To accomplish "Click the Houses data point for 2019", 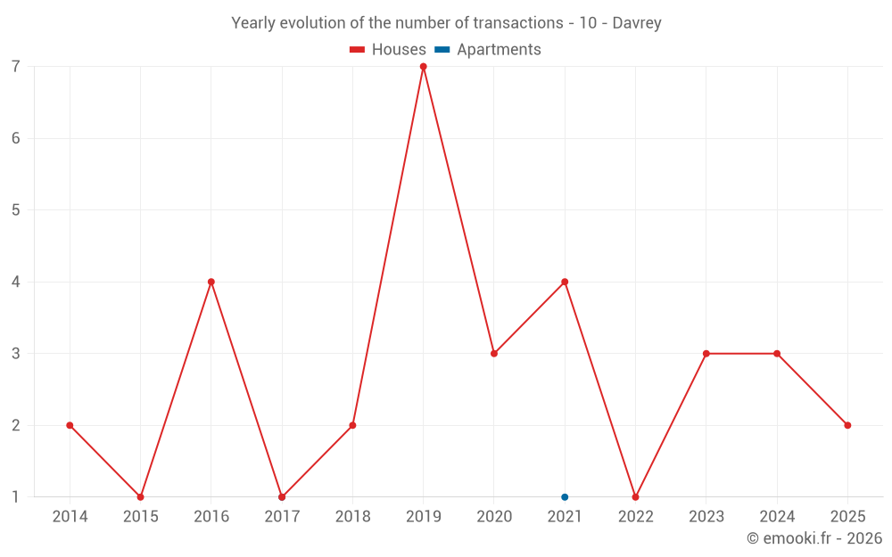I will [423, 67].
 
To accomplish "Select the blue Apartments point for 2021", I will [565, 497].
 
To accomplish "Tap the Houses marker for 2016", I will [211, 282].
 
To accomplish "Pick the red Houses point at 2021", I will [565, 282].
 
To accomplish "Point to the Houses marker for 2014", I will [70, 425].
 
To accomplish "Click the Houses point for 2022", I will [635, 497].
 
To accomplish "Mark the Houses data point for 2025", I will [847, 425].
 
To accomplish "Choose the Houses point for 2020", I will [494, 354].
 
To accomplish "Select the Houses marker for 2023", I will [706, 354].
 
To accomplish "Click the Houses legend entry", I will [388, 50].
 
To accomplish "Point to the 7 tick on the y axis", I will [16, 67].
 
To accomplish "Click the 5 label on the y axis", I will [16, 210].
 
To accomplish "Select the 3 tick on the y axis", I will [16, 354].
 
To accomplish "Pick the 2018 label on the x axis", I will [352, 517].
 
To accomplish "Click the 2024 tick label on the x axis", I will [776, 517].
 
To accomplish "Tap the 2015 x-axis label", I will [140, 517].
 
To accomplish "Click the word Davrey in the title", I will [637, 23].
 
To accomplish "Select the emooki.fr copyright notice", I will [814, 538].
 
